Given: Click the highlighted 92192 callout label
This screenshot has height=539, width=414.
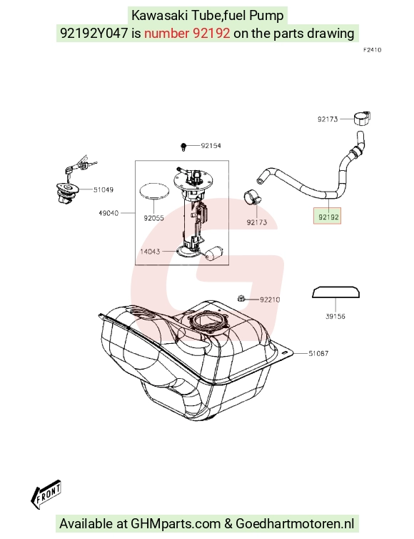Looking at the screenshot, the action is click(x=327, y=216).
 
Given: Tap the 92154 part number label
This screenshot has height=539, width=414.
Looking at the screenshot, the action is click(x=211, y=146).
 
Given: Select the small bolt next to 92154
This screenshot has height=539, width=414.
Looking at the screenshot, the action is click(x=183, y=147).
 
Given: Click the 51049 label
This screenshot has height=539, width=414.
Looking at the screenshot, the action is click(x=103, y=189).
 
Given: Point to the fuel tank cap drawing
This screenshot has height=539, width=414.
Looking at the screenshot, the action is click(x=67, y=192).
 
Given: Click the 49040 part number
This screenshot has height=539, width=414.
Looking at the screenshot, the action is click(x=108, y=213).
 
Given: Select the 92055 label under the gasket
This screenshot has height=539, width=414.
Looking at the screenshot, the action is click(x=153, y=218).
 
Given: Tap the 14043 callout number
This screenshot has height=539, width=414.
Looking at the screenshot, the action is click(x=150, y=252).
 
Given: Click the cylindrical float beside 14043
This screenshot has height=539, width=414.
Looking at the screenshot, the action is click(x=215, y=253).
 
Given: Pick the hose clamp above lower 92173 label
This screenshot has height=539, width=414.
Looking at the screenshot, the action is click(x=252, y=197).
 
